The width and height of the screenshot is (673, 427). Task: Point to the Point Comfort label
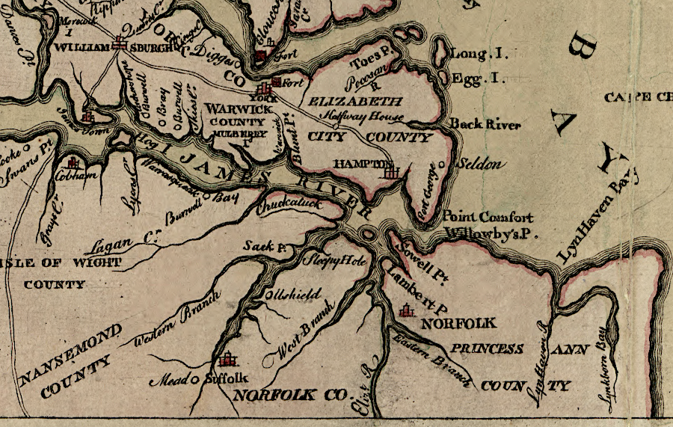488,217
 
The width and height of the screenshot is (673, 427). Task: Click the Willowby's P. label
491,233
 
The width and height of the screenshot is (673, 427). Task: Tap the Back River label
485,125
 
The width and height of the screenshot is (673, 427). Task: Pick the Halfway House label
362,117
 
